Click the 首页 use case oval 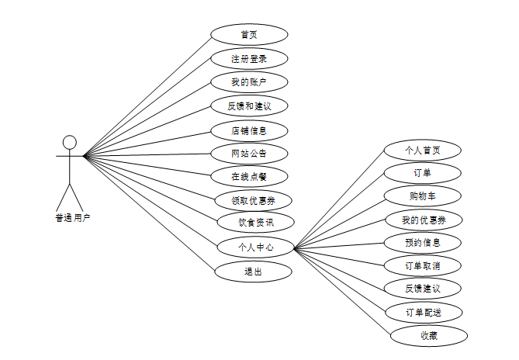click(249, 34)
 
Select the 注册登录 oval click(249, 58)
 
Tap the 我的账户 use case click(249, 81)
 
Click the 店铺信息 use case click(249, 130)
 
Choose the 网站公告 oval click(249, 153)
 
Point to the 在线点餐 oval click(249, 176)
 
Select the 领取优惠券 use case click(251, 200)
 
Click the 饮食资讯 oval click(255, 223)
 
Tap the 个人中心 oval click(255, 247)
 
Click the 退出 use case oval click(253, 272)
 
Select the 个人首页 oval click(423, 150)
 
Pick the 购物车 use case click(424, 196)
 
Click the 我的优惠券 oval click(424, 220)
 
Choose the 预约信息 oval click(424, 242)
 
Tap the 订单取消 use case click(424, 265)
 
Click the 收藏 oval click(429, 336)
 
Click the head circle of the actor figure click(70, 142)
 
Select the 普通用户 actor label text click(72, 218)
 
